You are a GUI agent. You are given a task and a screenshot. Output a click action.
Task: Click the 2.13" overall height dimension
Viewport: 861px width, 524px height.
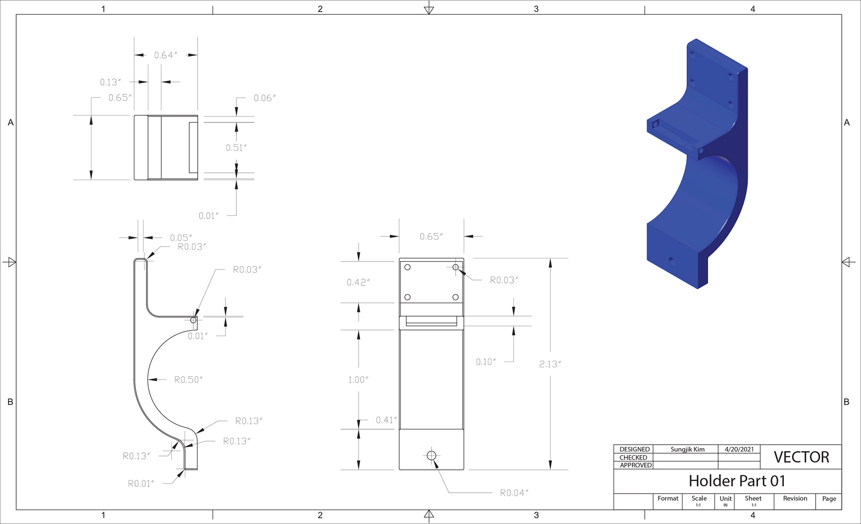point(550,364)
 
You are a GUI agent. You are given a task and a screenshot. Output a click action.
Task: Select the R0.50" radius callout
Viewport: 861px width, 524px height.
point(188,380)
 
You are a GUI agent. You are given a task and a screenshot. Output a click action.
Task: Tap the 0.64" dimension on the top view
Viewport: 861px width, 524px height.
point(165,55)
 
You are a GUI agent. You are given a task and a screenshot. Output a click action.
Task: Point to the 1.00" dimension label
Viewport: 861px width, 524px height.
point(358,380)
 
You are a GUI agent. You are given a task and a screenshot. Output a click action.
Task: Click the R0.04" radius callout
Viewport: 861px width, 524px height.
point(514,493)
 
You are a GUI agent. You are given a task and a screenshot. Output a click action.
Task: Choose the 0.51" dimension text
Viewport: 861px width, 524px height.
point(236,148)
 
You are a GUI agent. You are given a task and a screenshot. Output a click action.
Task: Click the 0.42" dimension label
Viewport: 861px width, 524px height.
point(358,282)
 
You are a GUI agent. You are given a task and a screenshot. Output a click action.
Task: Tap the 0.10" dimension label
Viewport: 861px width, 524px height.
point(486,362)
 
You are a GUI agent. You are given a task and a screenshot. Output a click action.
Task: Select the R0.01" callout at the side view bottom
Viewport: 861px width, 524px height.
point(141,484)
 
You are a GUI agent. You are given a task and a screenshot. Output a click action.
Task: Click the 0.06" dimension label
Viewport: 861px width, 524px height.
point(265,98)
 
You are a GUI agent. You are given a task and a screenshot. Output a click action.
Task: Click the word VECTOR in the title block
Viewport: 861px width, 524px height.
point(801,457)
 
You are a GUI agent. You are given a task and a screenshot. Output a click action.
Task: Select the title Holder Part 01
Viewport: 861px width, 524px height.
point(737,481)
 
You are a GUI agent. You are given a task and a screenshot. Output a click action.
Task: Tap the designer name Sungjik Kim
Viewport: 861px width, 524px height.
point(687,449)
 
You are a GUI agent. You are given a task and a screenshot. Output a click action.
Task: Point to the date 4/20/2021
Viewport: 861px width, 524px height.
point(739,449)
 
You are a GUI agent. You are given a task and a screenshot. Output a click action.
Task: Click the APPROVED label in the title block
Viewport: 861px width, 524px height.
point(636,465)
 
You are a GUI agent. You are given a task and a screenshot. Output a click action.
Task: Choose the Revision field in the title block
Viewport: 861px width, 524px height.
point(795,498)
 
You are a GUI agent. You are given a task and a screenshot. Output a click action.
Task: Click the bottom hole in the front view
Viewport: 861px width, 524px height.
point(431,455)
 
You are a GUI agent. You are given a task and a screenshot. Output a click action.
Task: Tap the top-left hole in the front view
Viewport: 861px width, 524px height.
point(408,267)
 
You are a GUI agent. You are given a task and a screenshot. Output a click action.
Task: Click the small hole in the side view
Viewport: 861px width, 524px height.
point(193,320)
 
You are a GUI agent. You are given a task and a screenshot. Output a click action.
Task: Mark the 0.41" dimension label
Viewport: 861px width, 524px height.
point(386,420)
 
